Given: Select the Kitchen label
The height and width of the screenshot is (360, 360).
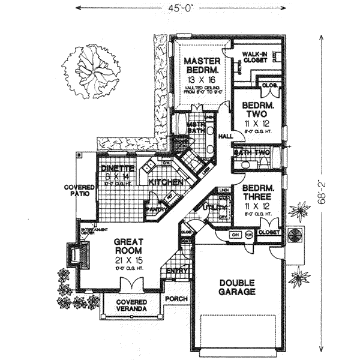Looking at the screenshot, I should [x=161, y=181].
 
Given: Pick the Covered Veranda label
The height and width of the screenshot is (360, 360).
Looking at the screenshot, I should [x=133, y=305].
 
